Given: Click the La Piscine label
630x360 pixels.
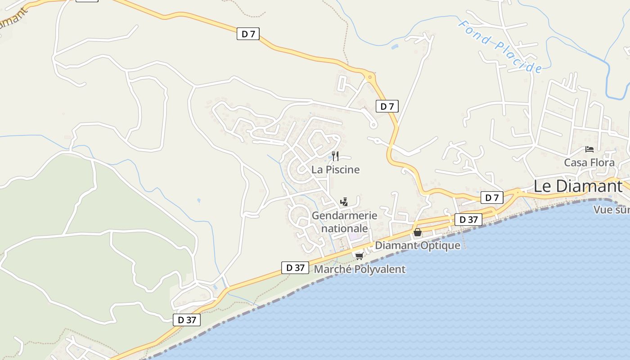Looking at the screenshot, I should tap(336, 170).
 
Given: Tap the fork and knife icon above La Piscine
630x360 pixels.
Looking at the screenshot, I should tap(335, 156).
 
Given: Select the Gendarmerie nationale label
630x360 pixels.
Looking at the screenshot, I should tap(344, 222).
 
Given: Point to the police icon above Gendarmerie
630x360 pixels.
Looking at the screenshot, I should tap(344, 202).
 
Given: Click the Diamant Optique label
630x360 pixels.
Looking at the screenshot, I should tap(418, 245).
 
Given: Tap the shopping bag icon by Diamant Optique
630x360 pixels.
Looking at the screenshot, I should tap(418, 232).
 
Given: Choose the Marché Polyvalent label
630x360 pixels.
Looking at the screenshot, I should tap(360, 269).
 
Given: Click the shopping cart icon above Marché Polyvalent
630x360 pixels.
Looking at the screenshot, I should tap(359, 256).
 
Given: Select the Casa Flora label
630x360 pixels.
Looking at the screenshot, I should tap(589, 162).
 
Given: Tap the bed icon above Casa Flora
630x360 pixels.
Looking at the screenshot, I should tap(589, 149).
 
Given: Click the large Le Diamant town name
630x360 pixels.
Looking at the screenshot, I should tap(578, 186).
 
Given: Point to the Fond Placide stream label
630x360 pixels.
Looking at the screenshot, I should tap(500, 46).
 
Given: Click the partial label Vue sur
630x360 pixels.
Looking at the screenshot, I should tap(611, 210).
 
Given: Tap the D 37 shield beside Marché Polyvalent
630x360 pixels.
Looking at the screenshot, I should tap(295, 267).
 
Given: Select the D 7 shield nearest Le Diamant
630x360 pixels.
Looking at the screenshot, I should tap(492, 198).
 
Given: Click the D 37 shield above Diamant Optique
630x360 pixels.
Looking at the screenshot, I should tap(468, 220).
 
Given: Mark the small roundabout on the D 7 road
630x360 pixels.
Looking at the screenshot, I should tap(370, 77).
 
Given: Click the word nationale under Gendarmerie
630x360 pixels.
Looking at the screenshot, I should tap(345, 228).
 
